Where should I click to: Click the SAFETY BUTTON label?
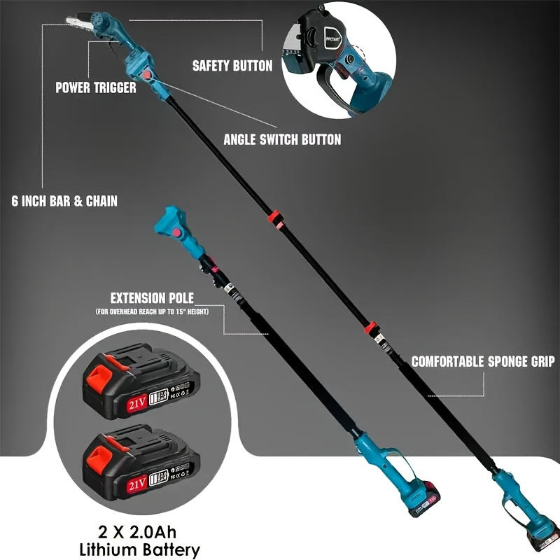point(232,66)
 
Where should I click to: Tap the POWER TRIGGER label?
point(96,88)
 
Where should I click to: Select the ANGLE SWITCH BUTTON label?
point(282,139)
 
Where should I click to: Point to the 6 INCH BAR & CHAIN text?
point(64,201)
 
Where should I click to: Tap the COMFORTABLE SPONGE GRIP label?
point(482,362)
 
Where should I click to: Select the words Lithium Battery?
point(143,549)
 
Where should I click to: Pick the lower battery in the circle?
point(140,462)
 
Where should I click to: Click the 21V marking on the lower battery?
point(137,483)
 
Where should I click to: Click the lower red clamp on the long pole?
point(371,328)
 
